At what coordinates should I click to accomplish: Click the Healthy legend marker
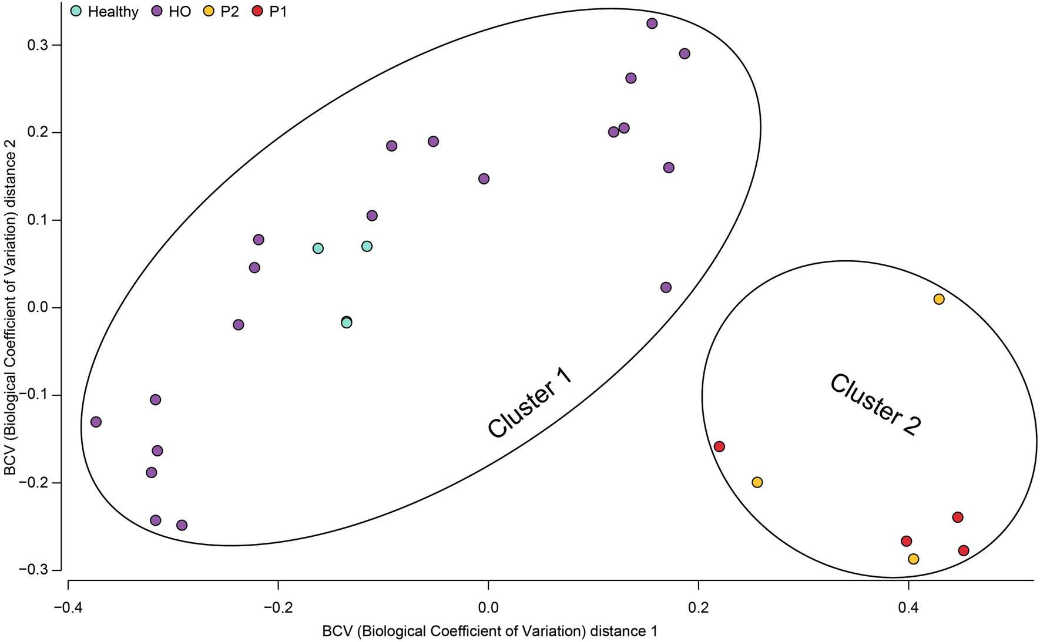[x=76, y=11]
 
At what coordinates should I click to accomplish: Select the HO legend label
[x=180, y=12]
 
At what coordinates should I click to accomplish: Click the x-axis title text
[x=489, y=631]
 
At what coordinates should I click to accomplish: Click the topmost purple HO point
[x=652, y=23]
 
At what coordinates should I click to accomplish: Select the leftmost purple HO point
[x=96, y=422]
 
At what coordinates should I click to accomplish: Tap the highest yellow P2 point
[x=939, y=299]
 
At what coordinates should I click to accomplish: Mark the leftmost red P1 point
[x=719, y=446]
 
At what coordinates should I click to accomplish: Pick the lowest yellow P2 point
[x=913, y=559]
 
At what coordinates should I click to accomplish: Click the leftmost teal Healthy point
[x=318, y=248]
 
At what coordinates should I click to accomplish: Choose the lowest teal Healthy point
[x=347, y=322]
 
